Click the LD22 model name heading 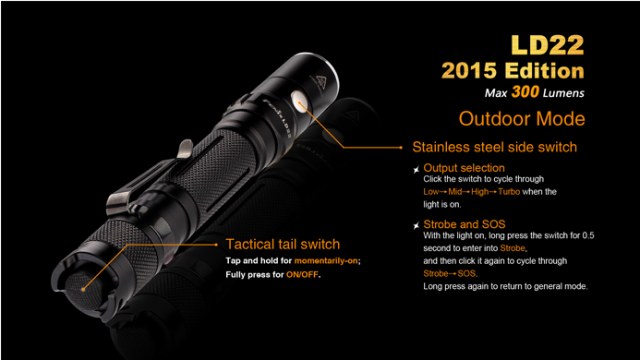pos(547,45)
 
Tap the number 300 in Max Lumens pos(525,91)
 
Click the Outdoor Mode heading pos(522,119)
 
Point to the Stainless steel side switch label pos(494,147)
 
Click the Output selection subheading pos(464,168)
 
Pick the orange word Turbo pos(509,191)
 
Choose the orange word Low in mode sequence pos(431,191)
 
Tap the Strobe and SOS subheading pos(464,224)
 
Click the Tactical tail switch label pos(282,244)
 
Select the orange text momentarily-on pos(326,261)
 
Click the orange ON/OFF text pos(302,275)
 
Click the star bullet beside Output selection pos(416,169)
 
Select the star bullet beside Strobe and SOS pos(416,225)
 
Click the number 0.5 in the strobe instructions pos(588,236)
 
